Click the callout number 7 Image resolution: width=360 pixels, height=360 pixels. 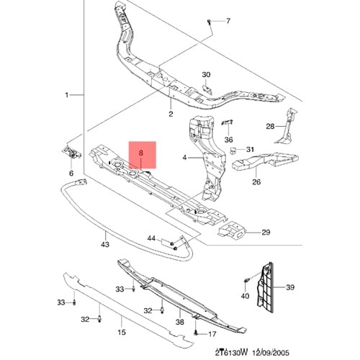pyautogui.click(x=229, y=21)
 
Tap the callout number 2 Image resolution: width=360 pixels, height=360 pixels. pyautogui.click(x=171, y=114)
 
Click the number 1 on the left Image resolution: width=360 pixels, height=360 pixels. pyautogui.click(x=67, y=95)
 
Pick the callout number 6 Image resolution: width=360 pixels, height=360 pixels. pyautogui.click(x=71, y=174)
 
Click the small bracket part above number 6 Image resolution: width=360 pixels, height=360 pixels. pyautogui.click(x=72, y=153)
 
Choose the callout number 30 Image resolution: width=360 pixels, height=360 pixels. pyautogui.click(x=206, y=75)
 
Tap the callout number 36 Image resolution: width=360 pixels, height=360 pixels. pyautogui.click(x=229, y=140)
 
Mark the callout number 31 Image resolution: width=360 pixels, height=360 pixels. pyautogui.click(x=250, y=150)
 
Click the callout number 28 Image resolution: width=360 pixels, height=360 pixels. pyautogui.click(x=270, y=127)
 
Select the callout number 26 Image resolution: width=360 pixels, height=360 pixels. pyautogui.click(x=256, y=182)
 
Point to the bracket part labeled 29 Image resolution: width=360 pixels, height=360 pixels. pyautogui.click(x=231, y=232)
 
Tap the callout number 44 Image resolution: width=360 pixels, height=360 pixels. pyautogui.click(x=152, y=238)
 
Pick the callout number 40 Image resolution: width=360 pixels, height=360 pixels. pyautogui.click(x=245, y=296)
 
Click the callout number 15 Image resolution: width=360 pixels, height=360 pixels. pyautogui.click(x=121, y=332)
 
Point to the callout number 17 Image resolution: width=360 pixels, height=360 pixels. pyautogui.click(x=212, y=335)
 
